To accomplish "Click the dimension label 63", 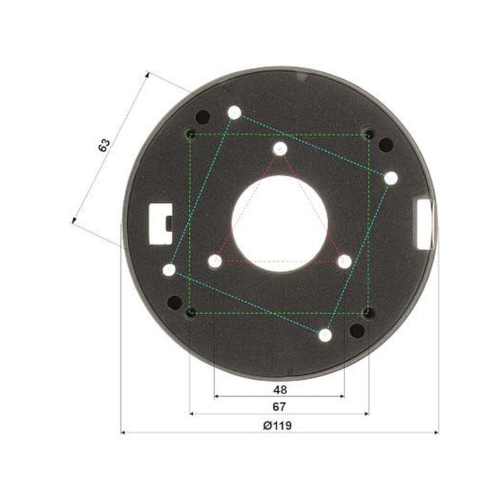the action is click(104, 145).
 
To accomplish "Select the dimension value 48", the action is click(280, 390).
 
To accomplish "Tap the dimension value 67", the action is click(279, 407).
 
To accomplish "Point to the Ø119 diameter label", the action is click(277, 426).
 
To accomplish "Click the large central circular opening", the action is click(280, 224).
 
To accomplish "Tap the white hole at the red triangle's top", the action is click(280, 148).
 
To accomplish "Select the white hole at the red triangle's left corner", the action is click(215, 261).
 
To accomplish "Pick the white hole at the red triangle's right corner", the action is click(345, 262).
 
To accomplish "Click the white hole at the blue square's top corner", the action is click(235, 113).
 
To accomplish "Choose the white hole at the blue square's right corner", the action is click(390, 178).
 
